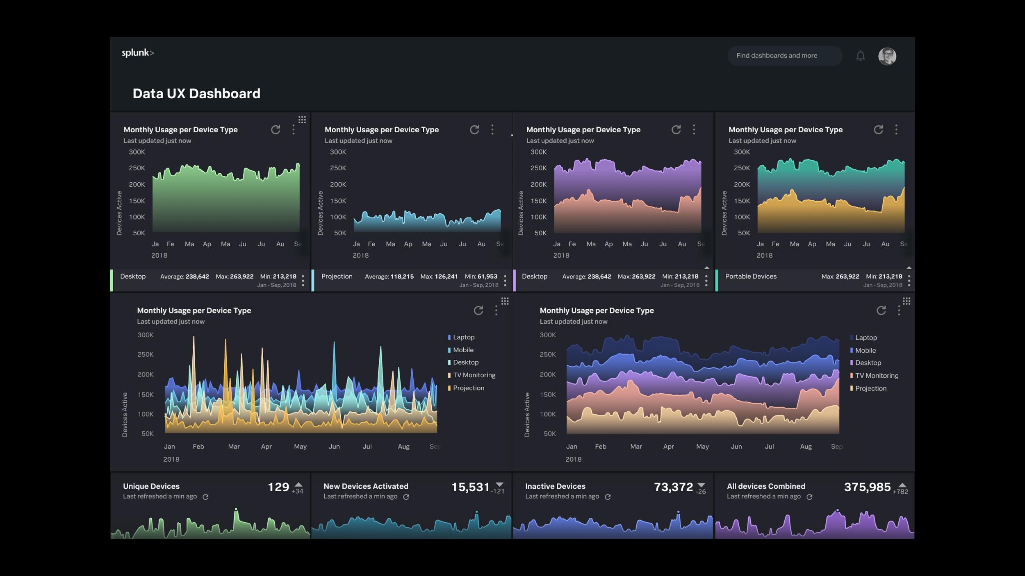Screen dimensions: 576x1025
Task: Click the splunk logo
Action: click(138, 53)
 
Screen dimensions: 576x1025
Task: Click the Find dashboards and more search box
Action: click(784, 56)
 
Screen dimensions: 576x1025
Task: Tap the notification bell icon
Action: click(860, 56)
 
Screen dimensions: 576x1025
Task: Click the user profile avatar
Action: click(887, 56)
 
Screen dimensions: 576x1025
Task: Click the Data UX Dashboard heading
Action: click(196, 94)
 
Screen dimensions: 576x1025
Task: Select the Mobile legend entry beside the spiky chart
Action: click(463, 350)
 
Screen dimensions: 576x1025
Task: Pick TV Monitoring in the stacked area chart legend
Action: click(876, 376)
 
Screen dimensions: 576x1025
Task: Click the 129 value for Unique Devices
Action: click(278, 487)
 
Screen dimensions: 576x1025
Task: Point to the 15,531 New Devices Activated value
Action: click(470, 487)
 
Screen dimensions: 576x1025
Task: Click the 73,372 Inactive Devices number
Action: click(673, 487)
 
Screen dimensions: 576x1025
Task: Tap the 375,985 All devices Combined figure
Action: click(867, 487)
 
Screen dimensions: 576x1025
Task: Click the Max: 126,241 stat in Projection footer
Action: click(439, 277)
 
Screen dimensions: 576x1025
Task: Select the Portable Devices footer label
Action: click(751, 277)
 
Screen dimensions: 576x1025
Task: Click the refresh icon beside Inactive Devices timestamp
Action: click(608, 497)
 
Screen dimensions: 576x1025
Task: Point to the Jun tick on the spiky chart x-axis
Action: click(334, 447)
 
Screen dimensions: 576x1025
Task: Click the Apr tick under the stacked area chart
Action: click(668, 447)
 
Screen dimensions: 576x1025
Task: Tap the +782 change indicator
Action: click(900, 492)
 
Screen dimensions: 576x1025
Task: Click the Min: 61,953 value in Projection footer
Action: click(481, 277)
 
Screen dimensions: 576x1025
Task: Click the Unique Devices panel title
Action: click(151, 486)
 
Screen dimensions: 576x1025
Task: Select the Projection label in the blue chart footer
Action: click(337, 277)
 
